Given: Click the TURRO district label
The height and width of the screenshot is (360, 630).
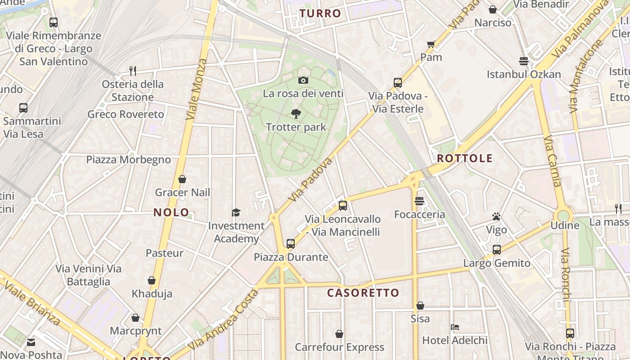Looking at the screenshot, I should [x=320, y=13].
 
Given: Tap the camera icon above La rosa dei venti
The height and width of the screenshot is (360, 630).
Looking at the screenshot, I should [x=303, y=80].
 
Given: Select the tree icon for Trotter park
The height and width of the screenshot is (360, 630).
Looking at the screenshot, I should [x=296, y=113].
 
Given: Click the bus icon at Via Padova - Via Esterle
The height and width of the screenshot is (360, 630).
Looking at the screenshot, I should [x=397, y=83].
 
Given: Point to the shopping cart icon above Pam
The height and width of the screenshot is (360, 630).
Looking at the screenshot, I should [x=431, y=44].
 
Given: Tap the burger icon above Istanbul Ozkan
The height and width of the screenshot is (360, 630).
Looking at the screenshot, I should [x=523, y=61].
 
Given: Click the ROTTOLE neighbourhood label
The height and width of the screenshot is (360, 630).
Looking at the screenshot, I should [x=464, y=158].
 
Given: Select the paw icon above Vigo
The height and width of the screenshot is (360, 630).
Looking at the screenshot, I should [x=496, y=217].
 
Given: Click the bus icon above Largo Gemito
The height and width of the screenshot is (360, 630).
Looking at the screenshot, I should [x=496, y=250].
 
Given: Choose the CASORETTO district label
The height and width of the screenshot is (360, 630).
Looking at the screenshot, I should [x=363, y=293].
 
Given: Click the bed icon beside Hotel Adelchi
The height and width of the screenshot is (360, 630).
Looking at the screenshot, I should [x=455, y=327].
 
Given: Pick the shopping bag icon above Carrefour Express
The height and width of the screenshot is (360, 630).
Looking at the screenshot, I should [x=339, y=334].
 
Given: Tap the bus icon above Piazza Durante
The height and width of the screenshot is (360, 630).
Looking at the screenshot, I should [x=291, y=244].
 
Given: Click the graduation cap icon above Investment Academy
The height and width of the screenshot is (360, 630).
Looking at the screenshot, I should [x=236, y=212].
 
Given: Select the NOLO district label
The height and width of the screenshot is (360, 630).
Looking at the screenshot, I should [x=171, y=212].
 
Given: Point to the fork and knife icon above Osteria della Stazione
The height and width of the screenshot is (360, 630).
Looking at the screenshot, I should [x=132, y=71].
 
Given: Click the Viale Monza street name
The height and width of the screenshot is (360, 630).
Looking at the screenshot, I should [x=197, y=89].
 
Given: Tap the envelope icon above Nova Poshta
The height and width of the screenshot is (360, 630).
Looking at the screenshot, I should [x=31, y=342].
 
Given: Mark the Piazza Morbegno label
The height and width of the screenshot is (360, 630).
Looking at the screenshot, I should [x=129, y=160].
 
